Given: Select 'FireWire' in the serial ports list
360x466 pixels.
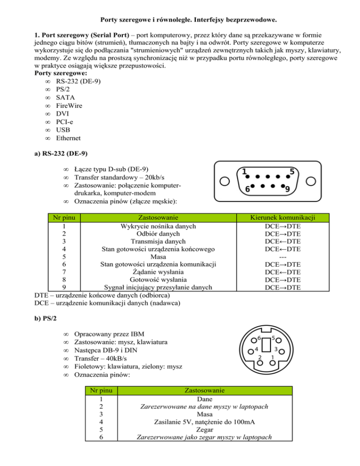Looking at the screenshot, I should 69,105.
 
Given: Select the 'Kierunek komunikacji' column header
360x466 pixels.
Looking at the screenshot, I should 283,218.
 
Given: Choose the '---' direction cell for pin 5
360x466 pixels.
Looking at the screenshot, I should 283,257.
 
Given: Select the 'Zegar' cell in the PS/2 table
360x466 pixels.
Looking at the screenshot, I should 205,429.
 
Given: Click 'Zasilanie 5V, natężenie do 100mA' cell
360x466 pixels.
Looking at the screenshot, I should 205,421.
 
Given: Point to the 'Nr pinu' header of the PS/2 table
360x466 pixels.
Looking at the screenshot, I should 101,390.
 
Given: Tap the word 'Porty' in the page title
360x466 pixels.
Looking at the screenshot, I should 111,20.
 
